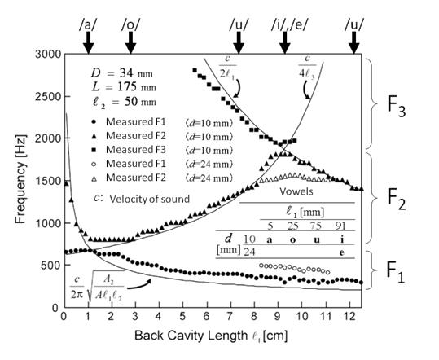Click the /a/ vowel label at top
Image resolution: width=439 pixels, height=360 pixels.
point(88,25)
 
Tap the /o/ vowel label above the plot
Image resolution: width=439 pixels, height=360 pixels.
point(130,25)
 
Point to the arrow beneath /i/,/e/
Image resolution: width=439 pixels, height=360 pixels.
point(285,42)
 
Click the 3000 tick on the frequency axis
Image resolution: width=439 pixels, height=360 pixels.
point(48,54)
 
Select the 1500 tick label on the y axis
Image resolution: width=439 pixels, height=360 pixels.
point(48,181)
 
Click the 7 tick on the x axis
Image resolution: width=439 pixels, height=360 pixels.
point(230,317)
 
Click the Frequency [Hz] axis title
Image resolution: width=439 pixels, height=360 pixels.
point(20,179)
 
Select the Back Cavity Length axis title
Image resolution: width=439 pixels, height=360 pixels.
point(211,336)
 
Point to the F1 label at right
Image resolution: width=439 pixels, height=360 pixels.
point(396,271)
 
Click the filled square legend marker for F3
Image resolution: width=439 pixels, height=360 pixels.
point(94,150)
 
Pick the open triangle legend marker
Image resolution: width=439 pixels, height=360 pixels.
point(94,178)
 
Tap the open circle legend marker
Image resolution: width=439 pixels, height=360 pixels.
point(94,165)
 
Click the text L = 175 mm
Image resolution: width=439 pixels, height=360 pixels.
point(124,87)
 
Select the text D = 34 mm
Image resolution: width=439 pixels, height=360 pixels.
point(122,73)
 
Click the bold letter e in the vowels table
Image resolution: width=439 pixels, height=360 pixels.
point(341,252)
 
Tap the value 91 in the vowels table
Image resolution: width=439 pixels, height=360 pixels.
point(340,226)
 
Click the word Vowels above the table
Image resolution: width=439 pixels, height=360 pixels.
point(296,191)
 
